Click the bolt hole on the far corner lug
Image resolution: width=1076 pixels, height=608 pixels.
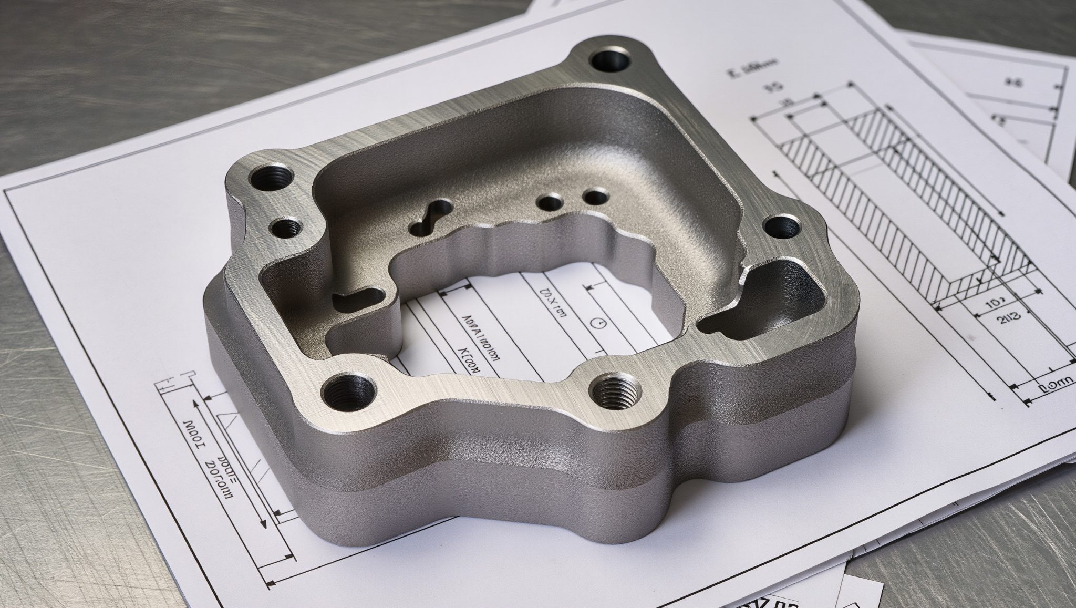[612, 59]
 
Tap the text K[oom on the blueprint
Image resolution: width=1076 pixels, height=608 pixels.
[479, 357]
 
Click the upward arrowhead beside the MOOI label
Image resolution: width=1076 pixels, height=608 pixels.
[195, 404]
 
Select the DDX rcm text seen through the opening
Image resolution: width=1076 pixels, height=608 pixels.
[552, 304]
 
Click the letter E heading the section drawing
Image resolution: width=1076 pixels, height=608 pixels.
[731, 72]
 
